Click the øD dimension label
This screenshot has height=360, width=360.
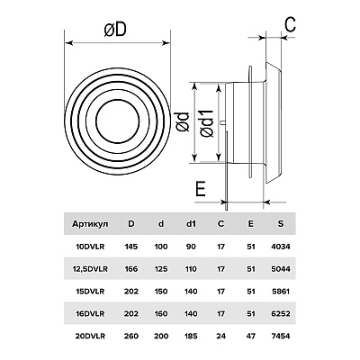tap(115, 30)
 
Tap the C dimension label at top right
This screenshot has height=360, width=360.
tap(290, 24)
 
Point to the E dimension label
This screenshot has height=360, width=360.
tap(201, 189)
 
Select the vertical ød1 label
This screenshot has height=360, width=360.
tap(207, 123)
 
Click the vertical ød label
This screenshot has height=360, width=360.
tap(183, 121)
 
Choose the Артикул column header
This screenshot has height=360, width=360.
tap(90, 224)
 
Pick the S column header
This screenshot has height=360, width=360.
tap(281, 223)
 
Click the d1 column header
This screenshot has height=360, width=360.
tap(191, 223)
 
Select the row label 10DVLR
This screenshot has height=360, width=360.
tap(90, 247)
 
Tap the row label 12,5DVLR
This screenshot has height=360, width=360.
tap(90, 269)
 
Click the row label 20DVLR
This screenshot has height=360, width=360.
tap(90, 336)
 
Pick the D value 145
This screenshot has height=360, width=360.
tap(130, 247)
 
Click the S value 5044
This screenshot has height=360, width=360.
tap(281, 269)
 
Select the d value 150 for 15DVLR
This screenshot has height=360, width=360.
tap(161, 292)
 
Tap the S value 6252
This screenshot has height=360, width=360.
tap(281, 314)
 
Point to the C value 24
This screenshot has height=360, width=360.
tap(220, 336)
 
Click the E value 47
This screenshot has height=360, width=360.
tap(251, 336)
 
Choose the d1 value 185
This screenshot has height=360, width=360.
tap(191, 336)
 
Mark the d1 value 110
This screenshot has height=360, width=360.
tap(191, 269)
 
